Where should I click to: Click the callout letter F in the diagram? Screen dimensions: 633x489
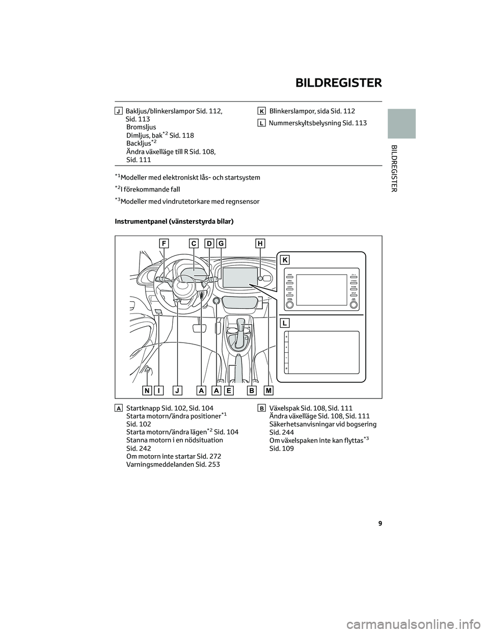[x=164, y=244]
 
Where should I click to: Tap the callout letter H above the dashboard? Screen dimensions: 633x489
[x=260, y=244]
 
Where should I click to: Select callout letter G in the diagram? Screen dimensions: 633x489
[x=221, y=244]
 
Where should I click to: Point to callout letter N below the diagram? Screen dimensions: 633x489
[x=147, y=390]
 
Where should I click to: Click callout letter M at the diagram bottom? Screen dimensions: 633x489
[x=268, y=390]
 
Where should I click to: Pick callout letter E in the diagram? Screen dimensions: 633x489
[x=229, y=390]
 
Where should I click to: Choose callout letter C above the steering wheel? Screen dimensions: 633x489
[x=194, y=244]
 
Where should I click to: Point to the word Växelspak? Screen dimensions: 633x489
[x=285, y=408]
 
